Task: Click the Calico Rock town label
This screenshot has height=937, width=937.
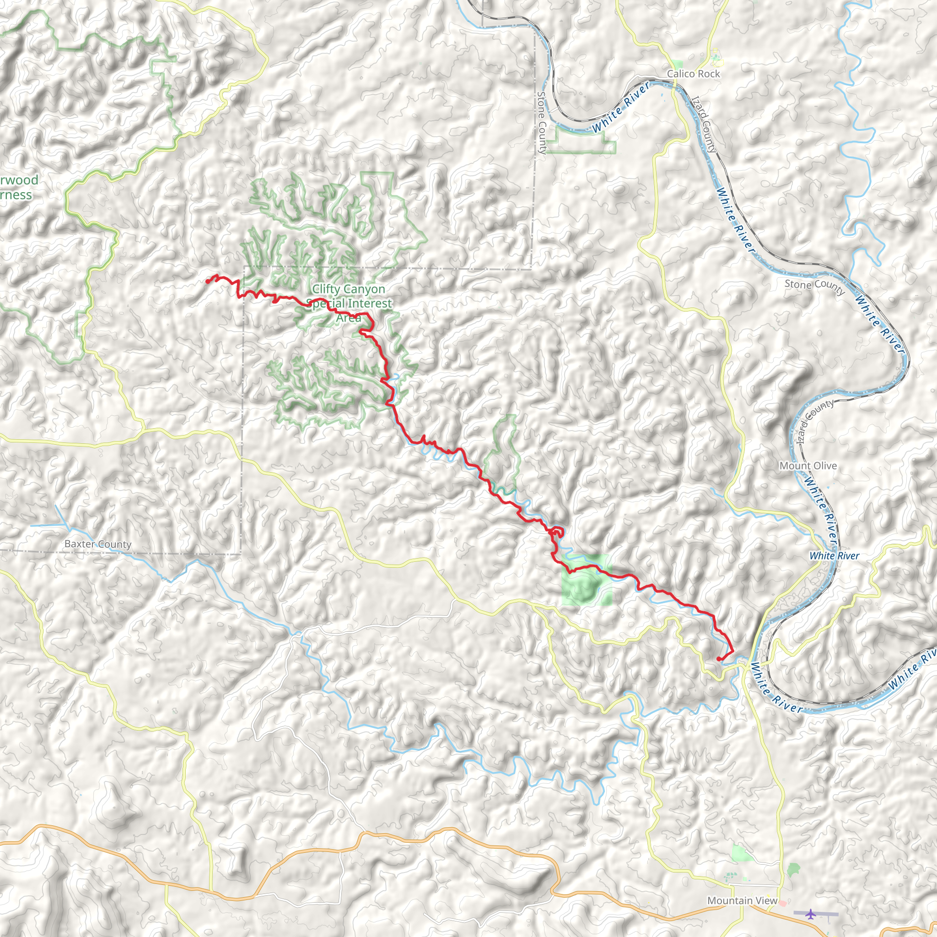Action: pyautogui.click(x=693, y=74)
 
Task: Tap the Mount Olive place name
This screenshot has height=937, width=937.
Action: pyautogui.click(x=808, y=466)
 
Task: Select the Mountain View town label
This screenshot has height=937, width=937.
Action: pyautogui.click(x=742, y=900)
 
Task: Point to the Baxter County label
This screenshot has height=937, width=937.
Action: pyautogui.click(x=98, y=544)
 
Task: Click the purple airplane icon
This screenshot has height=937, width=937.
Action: pyautogui.click(x=810, y=914)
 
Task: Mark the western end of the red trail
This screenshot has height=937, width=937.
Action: pyautogui.click(x=208, y=281)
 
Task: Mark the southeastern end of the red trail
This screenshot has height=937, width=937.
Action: pyautogui.click(x=718, y=659)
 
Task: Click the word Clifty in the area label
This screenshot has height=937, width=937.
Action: pyautogui.click(x=326, y=289)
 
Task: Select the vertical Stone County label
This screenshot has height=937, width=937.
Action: pyautogui.click(x=542, y=123)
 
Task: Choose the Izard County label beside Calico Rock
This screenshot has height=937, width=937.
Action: pyautogui.click(x=704, y=124)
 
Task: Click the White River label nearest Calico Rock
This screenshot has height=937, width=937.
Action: pyautogui.click(x=621, y=107)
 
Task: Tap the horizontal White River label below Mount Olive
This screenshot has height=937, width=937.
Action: pyautogui.click(x=835, y=556)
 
